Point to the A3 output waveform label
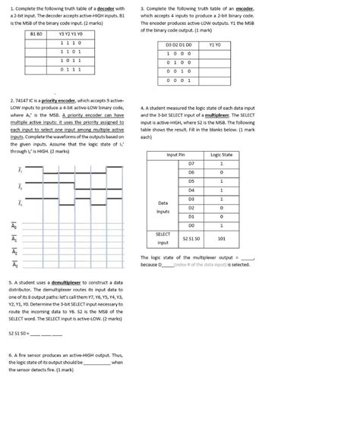[13, 265]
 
